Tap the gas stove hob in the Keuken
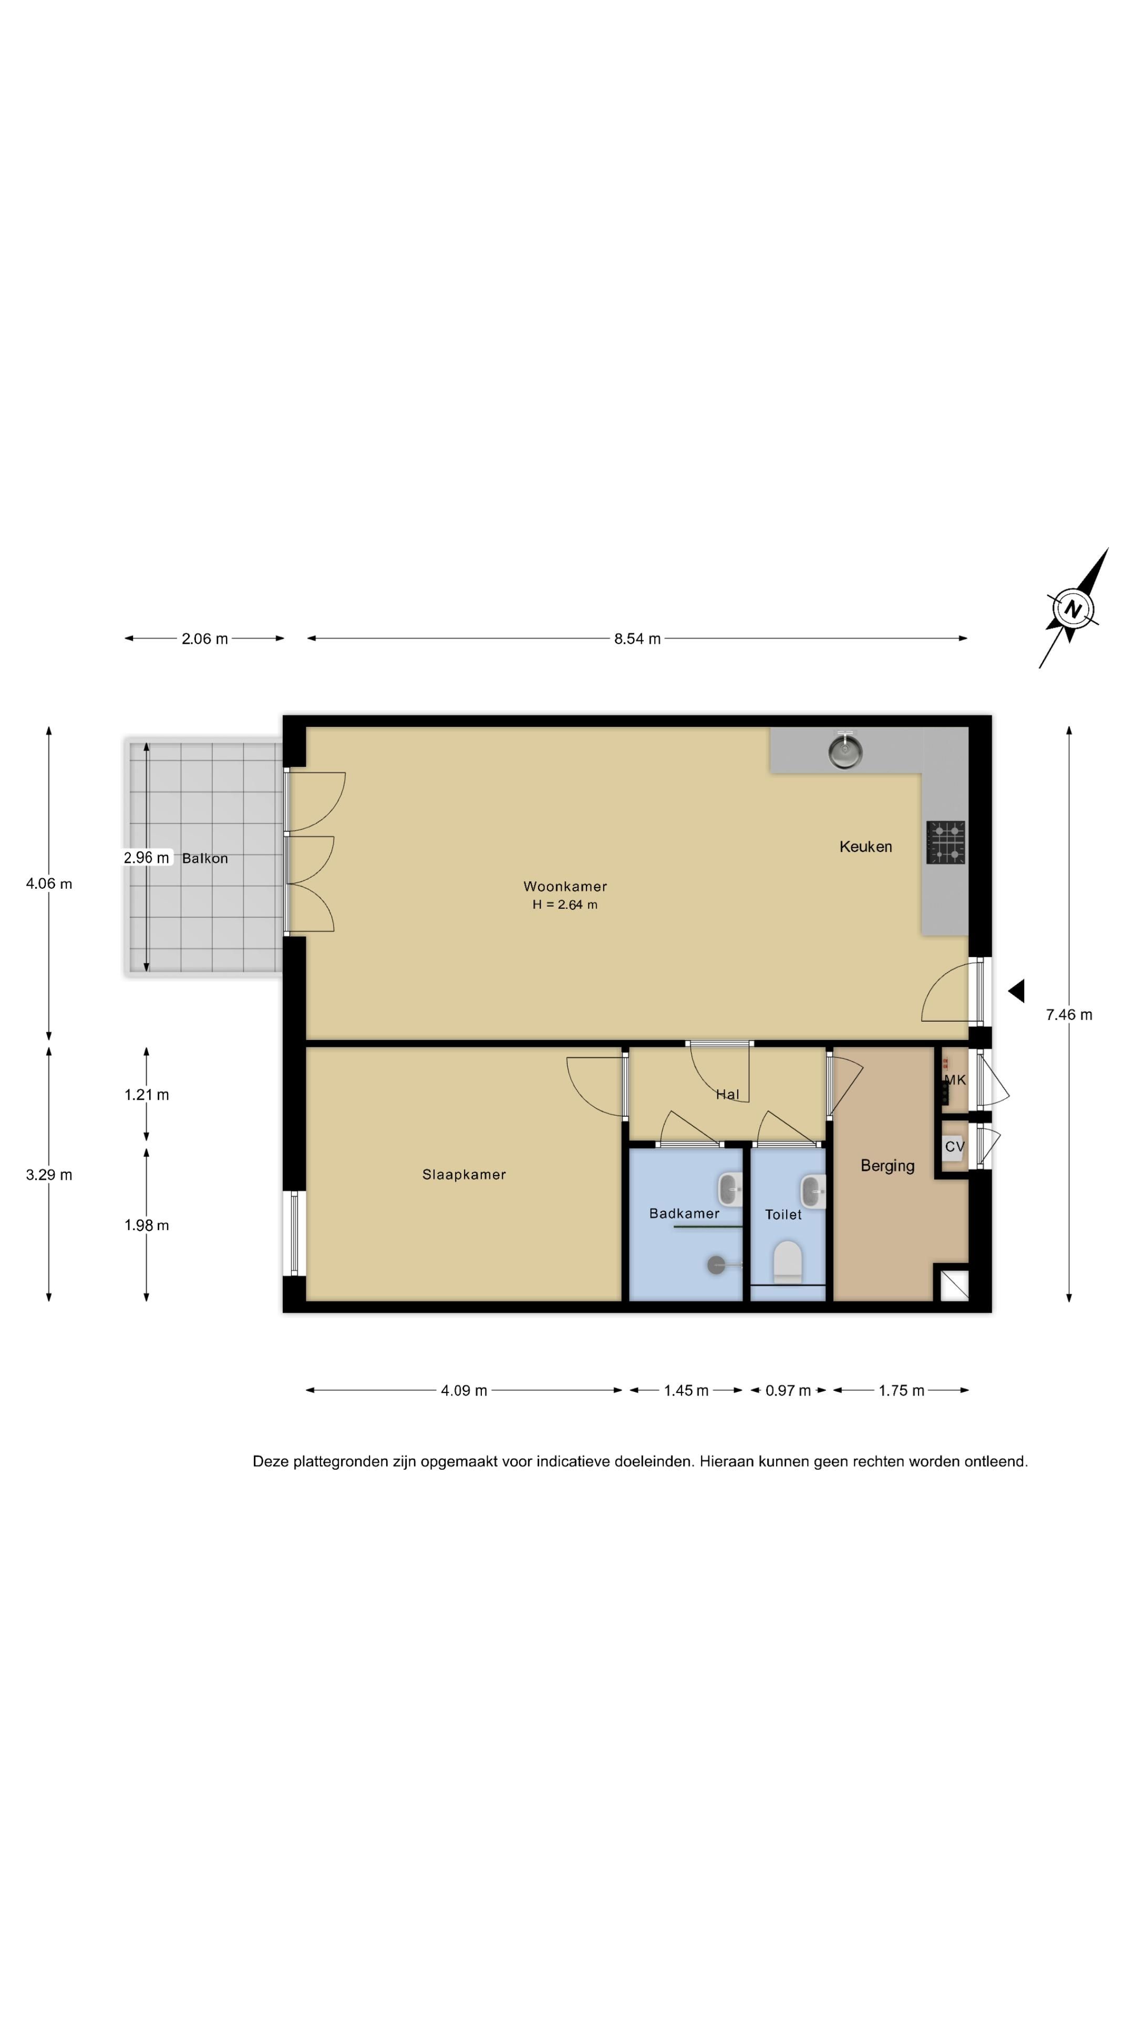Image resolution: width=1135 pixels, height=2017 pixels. tap(945, 843)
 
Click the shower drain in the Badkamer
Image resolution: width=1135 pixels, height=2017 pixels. tap(716, 1264)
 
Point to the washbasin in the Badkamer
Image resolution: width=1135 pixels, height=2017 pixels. tap(730, 1189)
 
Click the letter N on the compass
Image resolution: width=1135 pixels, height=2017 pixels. tap(1072, 609)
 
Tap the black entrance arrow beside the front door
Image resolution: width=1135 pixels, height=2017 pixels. tap(1016, 991)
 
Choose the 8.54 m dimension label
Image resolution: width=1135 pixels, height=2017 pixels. tap(637, 639)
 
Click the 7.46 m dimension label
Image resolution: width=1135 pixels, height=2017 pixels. tap(1068, 1015)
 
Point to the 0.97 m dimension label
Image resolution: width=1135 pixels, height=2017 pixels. tap(788, 1390)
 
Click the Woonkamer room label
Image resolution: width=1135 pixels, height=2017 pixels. tap(565, 886)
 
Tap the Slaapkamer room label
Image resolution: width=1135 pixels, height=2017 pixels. tap(463, 1174)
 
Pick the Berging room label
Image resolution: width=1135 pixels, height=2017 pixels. tap(888, 1166)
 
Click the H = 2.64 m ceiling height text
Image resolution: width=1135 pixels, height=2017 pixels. tap(565, 904)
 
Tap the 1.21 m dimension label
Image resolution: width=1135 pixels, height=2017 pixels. tap(147, 1095)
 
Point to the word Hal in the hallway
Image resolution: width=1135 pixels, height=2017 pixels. tap(728, 1095)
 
